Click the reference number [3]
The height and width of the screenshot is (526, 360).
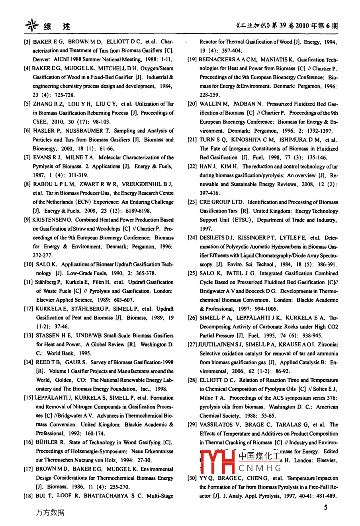click(x=27, y=42)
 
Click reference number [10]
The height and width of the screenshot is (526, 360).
click(x=29, y=264)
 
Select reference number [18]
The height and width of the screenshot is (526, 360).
click(x=29, y=496)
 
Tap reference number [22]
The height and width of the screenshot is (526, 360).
click(x=192, y=167)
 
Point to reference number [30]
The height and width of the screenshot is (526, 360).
click(x=192, y=478)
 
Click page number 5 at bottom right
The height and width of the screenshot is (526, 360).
click(x=325, y=507)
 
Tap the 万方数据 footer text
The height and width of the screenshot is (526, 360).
click(x=50, y=512)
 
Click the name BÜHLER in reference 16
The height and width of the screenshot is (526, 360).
click(x=46, y=442)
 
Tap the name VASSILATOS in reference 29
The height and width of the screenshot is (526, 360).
click(x=219, y=425)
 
